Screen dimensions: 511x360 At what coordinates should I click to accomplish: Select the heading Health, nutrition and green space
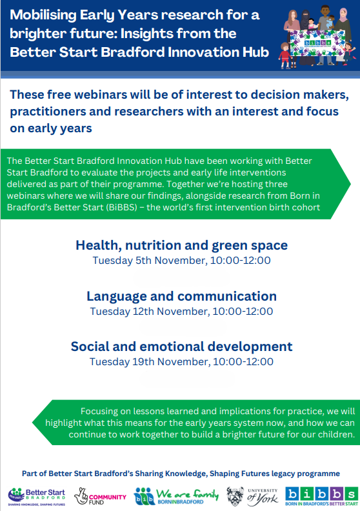point(181,245)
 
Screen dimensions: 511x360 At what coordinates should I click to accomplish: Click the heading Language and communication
point(181,296)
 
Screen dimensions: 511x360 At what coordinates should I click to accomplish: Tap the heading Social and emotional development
point(181,346)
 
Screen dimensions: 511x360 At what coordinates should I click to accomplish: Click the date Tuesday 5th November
point(144,261)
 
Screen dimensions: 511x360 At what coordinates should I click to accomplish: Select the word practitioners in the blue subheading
point(49,112)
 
